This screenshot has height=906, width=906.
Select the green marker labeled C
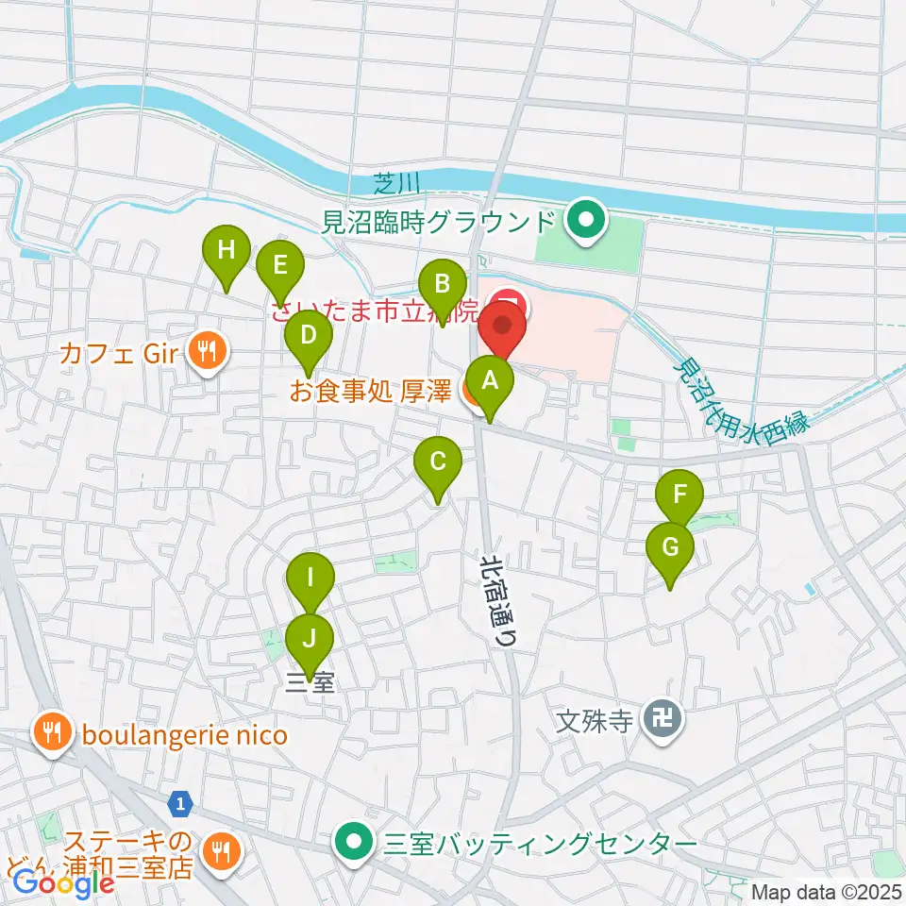point(438,462)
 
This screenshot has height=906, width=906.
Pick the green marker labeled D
point(307,334)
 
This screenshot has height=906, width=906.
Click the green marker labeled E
point(279,265)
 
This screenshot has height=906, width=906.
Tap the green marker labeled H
point(226,251)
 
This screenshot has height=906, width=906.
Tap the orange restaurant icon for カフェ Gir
point(205,353)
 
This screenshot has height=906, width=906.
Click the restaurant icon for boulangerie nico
point(49,734)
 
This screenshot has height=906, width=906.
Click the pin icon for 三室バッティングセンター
point(356,841)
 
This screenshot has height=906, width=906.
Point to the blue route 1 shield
point(179,804)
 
